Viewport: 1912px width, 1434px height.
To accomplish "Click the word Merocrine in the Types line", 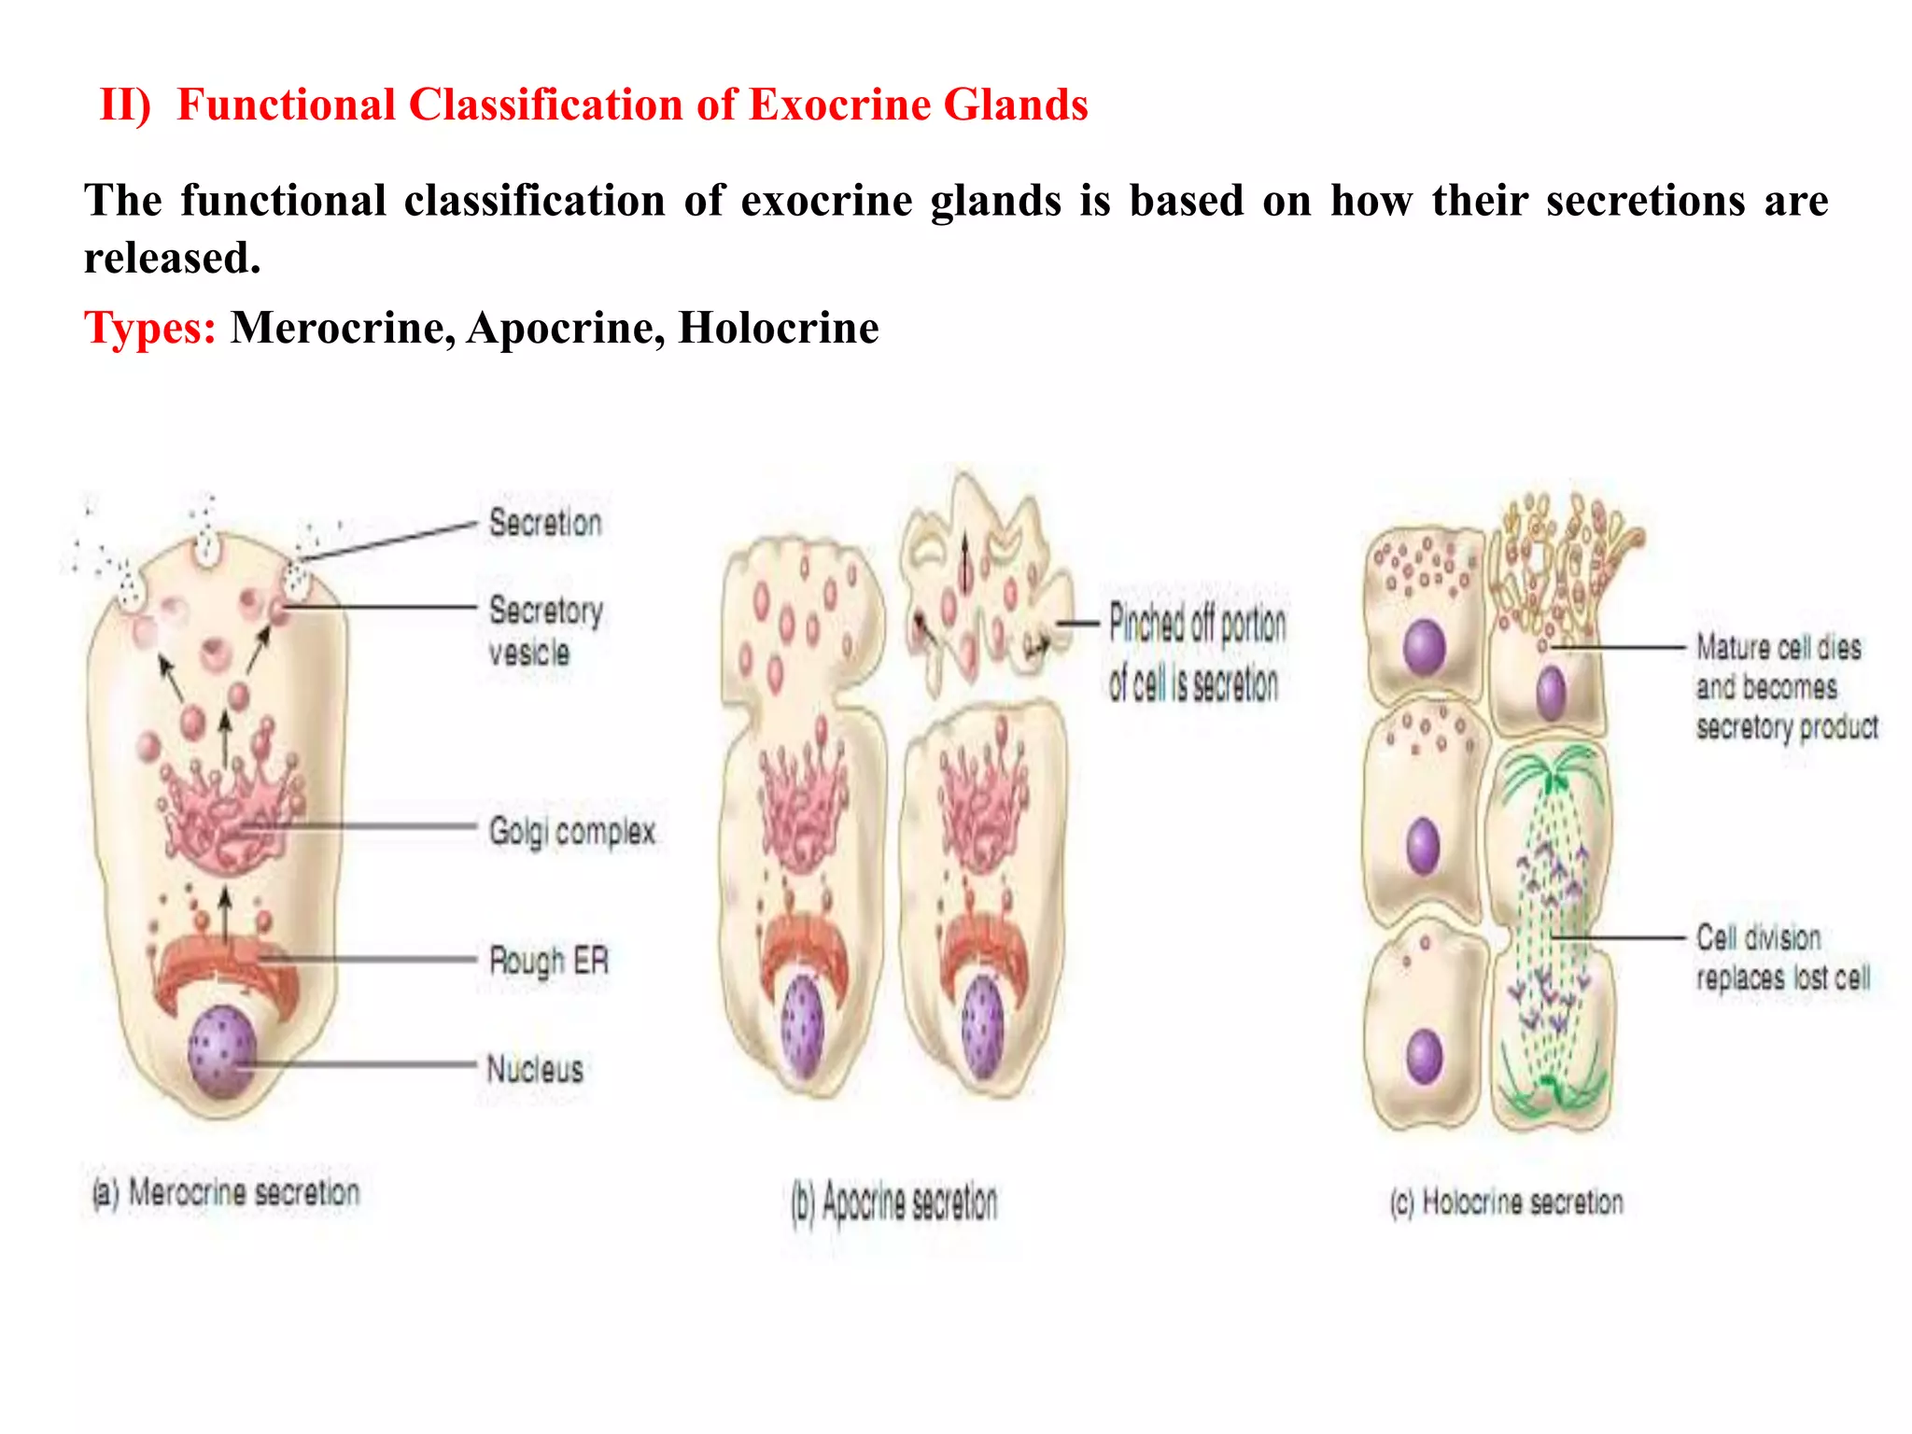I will [343, 329].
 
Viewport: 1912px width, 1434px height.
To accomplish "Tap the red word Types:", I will [149, 329].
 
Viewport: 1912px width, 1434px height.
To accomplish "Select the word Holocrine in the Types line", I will [778, 329].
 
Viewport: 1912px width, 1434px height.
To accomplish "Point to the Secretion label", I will [545, 523].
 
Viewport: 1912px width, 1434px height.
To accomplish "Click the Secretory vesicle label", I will [545, 631].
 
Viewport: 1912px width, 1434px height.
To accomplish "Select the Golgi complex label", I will [571, 831].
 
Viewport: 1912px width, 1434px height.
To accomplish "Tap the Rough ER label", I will [549, 960].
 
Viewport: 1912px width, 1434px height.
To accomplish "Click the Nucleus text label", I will [535, 1069].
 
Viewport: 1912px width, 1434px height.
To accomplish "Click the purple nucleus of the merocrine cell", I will [221, 1051].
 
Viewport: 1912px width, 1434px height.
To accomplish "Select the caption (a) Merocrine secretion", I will [226, 1193].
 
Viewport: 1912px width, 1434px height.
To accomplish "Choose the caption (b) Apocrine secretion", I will [894, 1202].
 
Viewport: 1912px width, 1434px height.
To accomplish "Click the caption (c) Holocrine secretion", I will [1506, 1202].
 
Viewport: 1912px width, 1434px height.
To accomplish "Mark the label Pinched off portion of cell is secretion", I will [1196, 654].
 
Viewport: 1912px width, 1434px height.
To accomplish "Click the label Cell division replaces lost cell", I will [1782, 958].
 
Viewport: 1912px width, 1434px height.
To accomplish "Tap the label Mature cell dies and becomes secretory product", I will [1786, 687].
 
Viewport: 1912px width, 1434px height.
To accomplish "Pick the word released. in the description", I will [172, 259].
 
